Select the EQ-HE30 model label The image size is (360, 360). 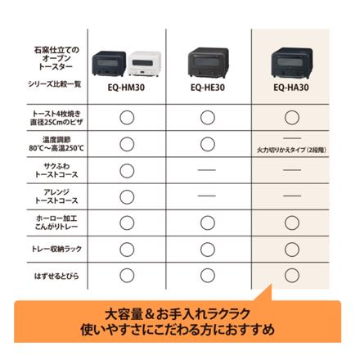coord(208,86)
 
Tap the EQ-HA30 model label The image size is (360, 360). coord(291,86)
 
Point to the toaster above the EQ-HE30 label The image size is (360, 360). coord(209,61)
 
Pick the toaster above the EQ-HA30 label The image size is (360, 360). coord(291,61)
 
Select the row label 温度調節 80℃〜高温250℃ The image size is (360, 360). coord(56,144)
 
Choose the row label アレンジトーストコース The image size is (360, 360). coord(56,196)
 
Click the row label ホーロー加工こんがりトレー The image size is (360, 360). coord(56,223)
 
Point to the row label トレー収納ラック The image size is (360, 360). coord(56,249)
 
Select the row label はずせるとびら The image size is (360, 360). coord(56,275)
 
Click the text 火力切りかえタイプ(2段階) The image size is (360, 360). coord(291,151)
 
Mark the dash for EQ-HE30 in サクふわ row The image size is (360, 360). coord(208,170)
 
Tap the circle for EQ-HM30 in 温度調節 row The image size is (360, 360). coord(127,144)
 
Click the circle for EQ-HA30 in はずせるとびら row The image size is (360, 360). coord(291,275)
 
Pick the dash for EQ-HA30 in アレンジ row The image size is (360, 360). coord(291,196)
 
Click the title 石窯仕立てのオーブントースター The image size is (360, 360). coord(56,60)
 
